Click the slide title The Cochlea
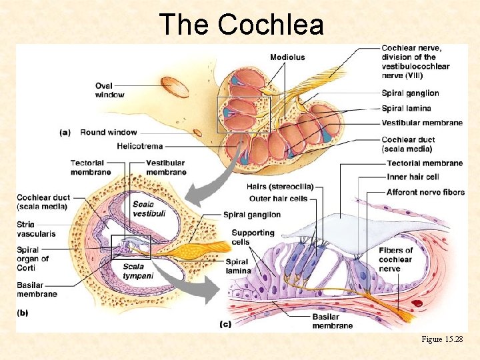241,25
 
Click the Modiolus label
287,57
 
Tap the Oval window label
109,90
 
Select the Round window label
109,132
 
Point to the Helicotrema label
139,146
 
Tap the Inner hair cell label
413,177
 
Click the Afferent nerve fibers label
425,192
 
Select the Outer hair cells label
278,198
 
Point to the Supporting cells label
253,237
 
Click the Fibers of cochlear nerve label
395,259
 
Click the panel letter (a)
65,132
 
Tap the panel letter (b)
23,311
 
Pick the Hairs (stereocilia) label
281,187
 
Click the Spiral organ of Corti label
33,259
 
